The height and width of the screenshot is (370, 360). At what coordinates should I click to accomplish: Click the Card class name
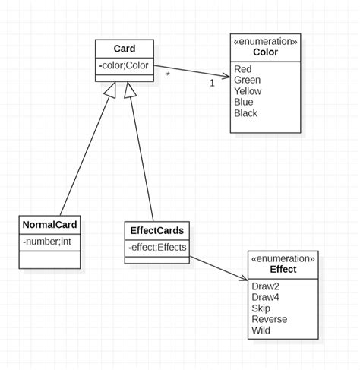click(125, 49)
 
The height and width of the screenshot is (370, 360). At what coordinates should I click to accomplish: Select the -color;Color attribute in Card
click(125, 66)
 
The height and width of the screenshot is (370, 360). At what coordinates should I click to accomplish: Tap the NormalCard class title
click(49, 225)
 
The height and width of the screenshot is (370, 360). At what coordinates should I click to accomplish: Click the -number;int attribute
click(47, 242)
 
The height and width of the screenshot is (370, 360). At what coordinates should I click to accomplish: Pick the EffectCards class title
click(156, 230)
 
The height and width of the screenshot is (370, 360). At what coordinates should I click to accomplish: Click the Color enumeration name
click(265, 52)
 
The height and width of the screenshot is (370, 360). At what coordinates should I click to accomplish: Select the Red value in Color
click(244, 68)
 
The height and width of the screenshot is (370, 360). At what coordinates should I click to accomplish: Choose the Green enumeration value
click(248, 80)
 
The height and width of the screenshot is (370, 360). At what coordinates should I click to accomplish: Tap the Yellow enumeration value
click(248, 91)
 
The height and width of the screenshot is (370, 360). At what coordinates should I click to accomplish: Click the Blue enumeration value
click(245, 103)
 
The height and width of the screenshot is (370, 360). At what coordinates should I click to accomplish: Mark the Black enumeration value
click(246, 114)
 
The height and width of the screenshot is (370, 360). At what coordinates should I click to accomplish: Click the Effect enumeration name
click(283, 269)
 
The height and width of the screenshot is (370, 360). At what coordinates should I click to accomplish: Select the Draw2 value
click(265, 286)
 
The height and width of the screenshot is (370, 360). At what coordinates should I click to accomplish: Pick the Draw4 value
click(265, 297)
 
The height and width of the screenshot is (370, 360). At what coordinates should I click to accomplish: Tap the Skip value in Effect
click(261, 308)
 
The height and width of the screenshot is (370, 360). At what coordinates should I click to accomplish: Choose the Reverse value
click(269, 319)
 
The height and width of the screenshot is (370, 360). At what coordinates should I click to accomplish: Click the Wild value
click(261, 330)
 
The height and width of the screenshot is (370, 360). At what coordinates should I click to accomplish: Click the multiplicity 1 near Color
click(212, 83)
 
